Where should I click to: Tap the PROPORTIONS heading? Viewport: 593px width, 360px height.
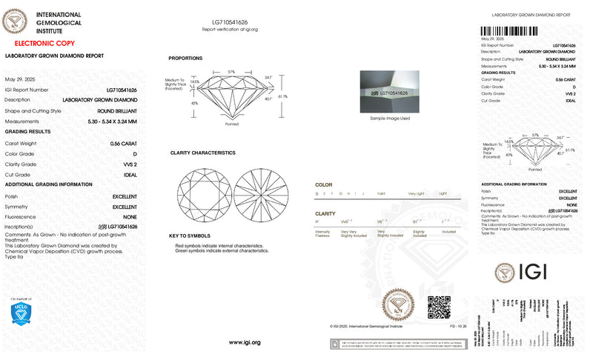coord(185,58)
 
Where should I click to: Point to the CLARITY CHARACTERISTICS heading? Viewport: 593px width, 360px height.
coord(202,153)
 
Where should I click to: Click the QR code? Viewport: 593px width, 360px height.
coord(439,306)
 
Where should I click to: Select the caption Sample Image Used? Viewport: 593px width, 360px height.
coord(390,118)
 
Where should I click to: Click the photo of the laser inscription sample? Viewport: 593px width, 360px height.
coord(390,91)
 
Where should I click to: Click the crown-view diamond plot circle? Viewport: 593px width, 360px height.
coord(199,191)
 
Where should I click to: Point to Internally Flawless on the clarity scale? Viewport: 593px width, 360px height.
coord(323,233)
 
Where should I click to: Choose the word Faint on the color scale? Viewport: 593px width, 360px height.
coord(381,193)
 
